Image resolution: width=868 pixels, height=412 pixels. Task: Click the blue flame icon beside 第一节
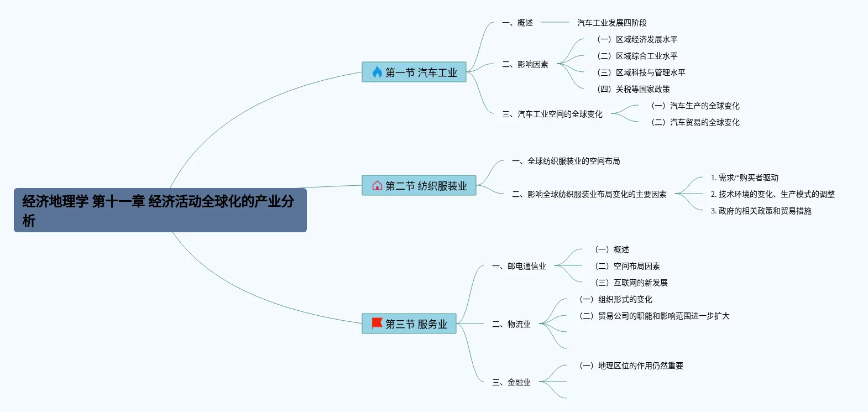pos(377,72)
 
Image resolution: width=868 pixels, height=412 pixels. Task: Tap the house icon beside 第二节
pos(377,186)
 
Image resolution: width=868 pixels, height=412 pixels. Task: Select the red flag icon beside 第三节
pos(377,324)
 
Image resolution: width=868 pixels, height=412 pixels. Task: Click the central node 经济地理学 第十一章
pos(160,210)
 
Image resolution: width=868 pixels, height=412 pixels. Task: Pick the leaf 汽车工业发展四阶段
pos(612,23)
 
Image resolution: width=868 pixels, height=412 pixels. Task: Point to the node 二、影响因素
pos(525,64)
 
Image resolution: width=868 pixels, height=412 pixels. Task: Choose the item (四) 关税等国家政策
pos(634,89)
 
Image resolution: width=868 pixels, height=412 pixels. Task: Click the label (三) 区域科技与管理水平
pos(641,72)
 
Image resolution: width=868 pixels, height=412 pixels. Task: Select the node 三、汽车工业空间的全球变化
pos(552,114)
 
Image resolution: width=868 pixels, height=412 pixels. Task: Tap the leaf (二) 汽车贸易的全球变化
pos(696,122)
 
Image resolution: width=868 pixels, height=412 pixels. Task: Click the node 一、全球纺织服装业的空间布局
pos(566,161)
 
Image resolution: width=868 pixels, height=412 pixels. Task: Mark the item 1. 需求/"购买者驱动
pos(744,178)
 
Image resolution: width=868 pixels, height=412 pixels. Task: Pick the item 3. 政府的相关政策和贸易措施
pos(761,211)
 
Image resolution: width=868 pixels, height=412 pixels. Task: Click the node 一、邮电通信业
pos(519,266)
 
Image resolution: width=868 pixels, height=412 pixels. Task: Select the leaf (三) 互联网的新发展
pos(631,283)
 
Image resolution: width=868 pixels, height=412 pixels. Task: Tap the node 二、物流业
pos(511,324)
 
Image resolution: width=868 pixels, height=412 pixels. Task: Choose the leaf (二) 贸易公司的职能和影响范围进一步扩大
pos(655,316)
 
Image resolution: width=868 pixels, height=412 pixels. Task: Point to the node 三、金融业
pos(511,382)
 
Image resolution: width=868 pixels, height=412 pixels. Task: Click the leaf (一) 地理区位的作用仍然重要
pos(631,366)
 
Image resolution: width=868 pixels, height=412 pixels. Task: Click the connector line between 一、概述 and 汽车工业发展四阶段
pos(555,23)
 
